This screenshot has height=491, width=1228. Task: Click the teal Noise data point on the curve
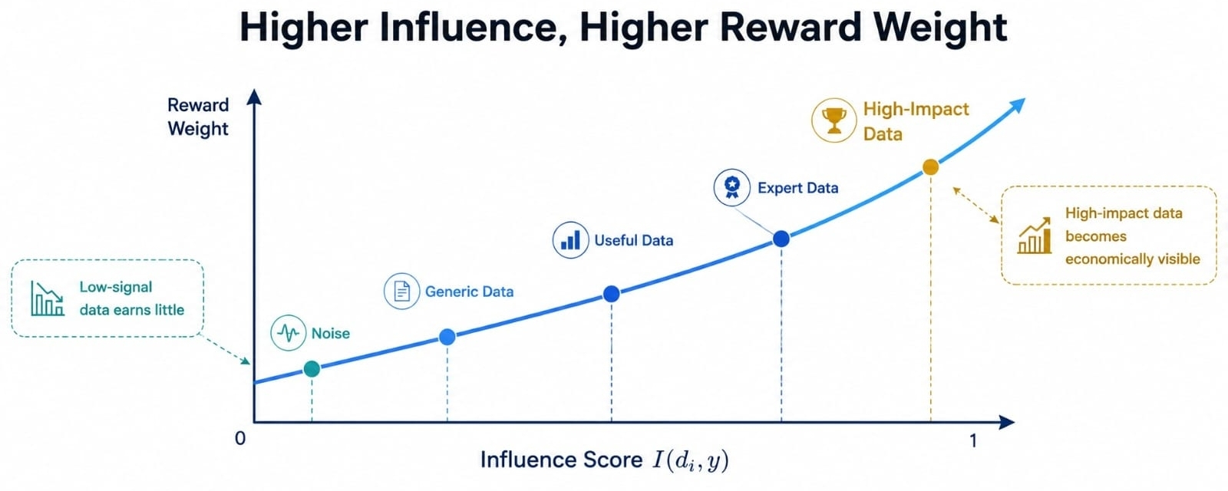click(312, 369)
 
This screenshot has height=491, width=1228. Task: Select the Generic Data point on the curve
click(447, 337)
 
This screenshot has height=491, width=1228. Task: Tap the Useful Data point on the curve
click(611, 294)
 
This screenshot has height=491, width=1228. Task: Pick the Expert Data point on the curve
click(781, 239)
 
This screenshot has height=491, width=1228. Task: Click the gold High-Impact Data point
click(930, 167)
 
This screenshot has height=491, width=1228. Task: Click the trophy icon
click(834, 120)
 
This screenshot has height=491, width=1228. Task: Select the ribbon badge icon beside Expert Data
click(732, 187)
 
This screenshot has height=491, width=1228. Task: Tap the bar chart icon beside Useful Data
click(571, 240)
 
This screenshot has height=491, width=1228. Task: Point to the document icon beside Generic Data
click(402, 291)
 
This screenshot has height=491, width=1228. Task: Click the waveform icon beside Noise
click(289, 333)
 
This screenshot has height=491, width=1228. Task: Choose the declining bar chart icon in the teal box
click(47, 298)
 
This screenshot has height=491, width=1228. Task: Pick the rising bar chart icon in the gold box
click(1035, 236)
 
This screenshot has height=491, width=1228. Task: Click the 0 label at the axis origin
click(240, 439)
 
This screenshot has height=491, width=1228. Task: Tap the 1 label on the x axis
click(973, 440)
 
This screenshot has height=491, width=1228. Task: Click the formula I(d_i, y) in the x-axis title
click(690, 460)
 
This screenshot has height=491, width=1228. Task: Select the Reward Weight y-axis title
click(198, 117)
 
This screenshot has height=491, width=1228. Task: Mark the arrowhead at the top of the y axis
click(254, 96)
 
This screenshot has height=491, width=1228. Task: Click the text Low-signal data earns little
click(131, 298)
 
